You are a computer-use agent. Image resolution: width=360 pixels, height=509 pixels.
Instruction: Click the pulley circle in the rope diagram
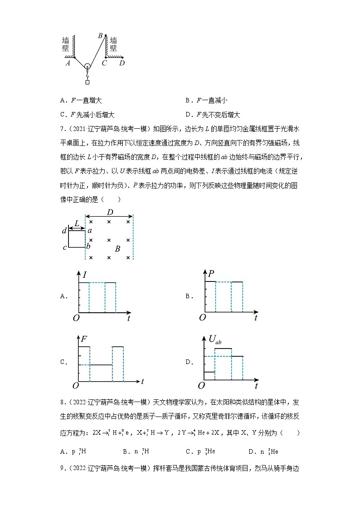pyautogui.click(x=87, y=67)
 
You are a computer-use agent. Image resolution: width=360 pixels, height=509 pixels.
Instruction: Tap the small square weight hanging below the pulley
pyautogui.click(x=87, y=82)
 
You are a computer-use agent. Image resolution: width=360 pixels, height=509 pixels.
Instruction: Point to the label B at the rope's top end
pyautogui.click(x=100, y=35)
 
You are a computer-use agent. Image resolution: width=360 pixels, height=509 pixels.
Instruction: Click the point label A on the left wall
pyautogui.click(x=68, y=63)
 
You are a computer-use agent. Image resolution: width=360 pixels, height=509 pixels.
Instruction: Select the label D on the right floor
pyautogui.click(x=122, y=63)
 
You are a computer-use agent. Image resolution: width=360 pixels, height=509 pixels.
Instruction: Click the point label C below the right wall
pyautogui.click(x=104, y=63)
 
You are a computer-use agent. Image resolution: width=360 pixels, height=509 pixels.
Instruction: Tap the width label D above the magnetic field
pyautogui.click(x=109, y=212)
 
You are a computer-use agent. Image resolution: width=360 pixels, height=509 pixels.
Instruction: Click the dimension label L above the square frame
pyautogui.click(x=77, y=223)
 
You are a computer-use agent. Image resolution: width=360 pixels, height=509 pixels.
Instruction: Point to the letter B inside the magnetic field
pyautogui.click(x=117, y=249)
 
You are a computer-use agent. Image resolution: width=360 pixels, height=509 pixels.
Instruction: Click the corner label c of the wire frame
pyautogui.click(x=64, y=247)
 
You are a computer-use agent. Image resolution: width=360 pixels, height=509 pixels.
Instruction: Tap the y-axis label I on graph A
pyautogui.click(x=85, y=274)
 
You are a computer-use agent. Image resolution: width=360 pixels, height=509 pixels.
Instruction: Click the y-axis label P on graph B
pyautogui.click(x=211, y=273)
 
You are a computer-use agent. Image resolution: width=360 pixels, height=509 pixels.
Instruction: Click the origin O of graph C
pyautogui.click(x=76, y=385)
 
